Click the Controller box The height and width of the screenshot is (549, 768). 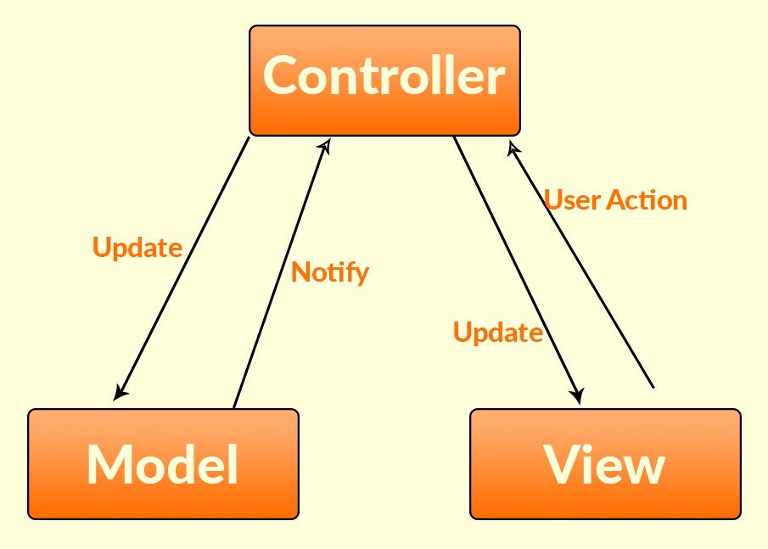[384, 80]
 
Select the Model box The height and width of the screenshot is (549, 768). [163, 463]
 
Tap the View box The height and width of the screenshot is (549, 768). [605, 463]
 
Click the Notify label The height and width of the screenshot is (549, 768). [330, 272]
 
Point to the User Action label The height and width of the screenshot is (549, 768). [615, 200]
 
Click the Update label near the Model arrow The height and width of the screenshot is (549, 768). [137, 248]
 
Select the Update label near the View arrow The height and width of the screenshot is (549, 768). [498, 333]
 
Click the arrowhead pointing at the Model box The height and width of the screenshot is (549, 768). [121, 392]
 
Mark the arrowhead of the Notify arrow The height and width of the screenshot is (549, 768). [323, 146]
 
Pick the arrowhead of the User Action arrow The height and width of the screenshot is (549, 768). [512, 148]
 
